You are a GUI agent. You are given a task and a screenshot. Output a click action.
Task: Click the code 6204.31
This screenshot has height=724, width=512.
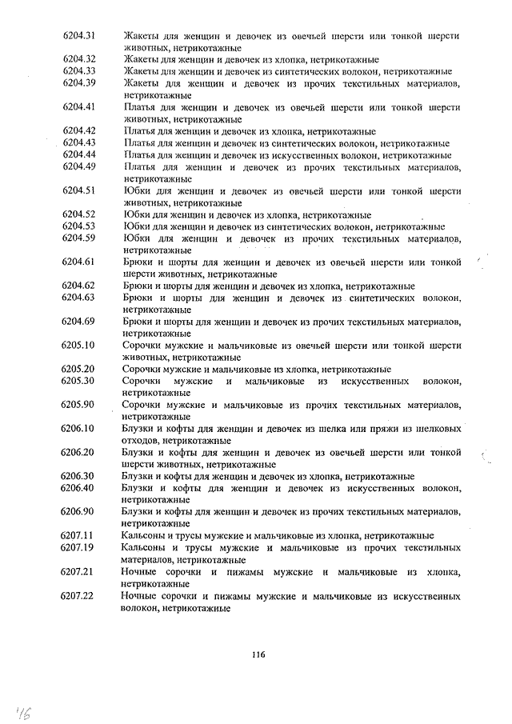[78, 35]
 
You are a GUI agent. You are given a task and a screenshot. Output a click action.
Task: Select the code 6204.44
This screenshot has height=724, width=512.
[78, 154]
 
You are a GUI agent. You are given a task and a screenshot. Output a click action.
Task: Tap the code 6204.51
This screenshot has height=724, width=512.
[78, 190]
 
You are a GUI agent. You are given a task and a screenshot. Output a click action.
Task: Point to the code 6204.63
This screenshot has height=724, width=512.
[78, 298]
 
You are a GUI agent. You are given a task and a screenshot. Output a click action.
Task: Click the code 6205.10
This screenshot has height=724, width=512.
[78, 346]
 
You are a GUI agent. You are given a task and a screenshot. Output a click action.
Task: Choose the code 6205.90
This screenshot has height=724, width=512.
[78, 405]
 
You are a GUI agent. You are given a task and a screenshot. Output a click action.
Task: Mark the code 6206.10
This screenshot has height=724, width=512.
[78, 429]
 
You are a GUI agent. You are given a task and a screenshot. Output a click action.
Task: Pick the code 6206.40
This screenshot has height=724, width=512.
[78, 488]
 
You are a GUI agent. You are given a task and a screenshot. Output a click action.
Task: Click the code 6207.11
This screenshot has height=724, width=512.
[78, 535]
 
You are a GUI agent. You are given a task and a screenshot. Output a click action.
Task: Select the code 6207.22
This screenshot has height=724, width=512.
[78, 596]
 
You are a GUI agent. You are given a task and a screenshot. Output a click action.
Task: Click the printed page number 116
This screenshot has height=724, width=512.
[257, 654]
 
